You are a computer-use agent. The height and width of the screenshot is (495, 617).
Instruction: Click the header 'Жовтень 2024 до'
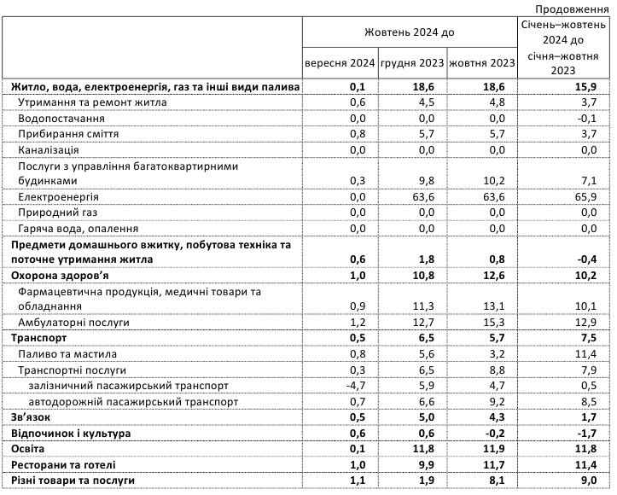pyautogui.click(x=410, y=32)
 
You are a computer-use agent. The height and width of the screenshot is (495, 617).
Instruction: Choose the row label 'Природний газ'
pyautogui.click(x=56, y=213)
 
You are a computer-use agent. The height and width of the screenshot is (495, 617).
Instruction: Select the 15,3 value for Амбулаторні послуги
pyautogui.click(x=503, y=323)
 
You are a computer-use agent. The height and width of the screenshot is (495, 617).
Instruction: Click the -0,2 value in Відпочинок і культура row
pyautogui.click(x=503, y=434)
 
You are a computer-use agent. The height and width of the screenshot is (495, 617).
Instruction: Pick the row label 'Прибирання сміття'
pyautogui.click(x=67, y=134)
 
